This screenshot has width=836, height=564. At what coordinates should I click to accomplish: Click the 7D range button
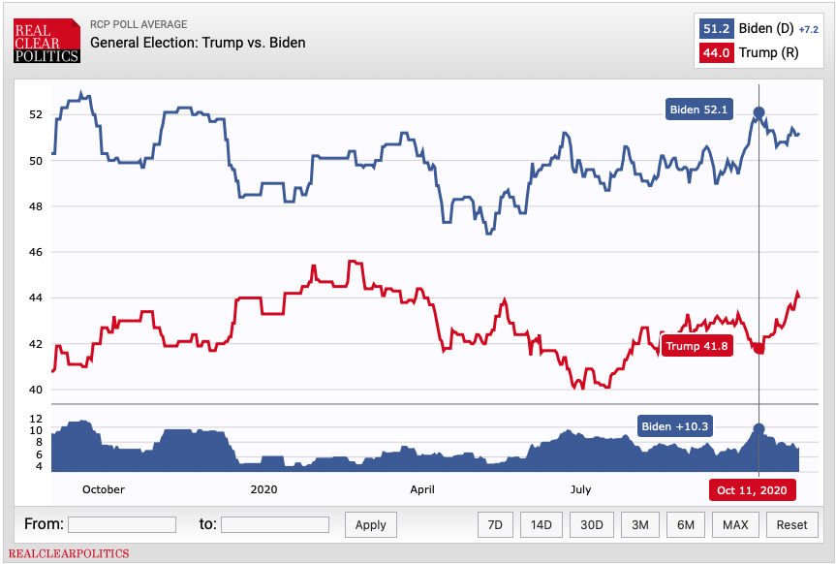click(x=495, y=524)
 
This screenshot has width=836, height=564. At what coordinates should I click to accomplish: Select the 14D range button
click(x=541, y=524)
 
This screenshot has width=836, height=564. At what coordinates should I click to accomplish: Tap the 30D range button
click(x=591, y=524)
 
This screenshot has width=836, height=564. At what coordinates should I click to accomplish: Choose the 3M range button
click(x=639, y=524)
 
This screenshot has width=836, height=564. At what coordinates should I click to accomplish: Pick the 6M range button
click(x=686, y=524)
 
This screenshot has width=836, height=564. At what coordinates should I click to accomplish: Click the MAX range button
click(x=735, y=524)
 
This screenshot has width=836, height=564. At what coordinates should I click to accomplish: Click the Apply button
click(x=370, y=524)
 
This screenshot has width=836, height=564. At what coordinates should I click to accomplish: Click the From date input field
click(x=122, y=524)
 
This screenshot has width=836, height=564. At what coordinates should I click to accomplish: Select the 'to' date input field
click(x=275, y=524)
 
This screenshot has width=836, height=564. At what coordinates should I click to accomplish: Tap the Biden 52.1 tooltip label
click(x=698, y=110)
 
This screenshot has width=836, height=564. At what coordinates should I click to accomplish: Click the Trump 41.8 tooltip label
click(x=697, y=346)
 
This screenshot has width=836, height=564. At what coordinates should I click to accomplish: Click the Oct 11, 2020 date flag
click(x=752, y=489)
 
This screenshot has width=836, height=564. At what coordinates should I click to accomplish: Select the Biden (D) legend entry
click(x=757, y=29)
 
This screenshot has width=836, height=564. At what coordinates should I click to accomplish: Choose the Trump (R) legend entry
click(x=757, y=52)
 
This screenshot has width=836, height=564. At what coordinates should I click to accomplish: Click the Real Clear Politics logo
click(x=46, y=43)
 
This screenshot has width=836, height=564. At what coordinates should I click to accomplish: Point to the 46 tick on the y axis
click(x=35, y=252)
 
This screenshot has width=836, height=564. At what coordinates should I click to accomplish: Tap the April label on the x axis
click(x=421, y=489)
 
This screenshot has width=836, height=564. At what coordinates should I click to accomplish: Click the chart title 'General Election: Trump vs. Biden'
click(x=198, y=43)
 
